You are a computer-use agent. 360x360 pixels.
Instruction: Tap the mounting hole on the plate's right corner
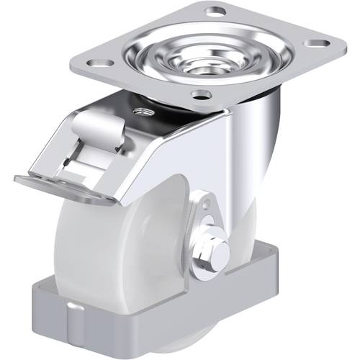(315, 44)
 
